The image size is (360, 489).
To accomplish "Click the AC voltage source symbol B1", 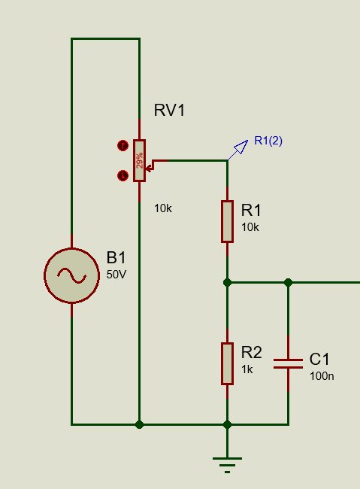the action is click(71, 275).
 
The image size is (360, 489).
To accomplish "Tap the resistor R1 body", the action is click(227, 221).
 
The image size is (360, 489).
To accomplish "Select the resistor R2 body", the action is click(227, 363).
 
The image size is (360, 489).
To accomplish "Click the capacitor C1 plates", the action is click(288, 363).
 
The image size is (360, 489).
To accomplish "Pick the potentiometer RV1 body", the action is click(139, 160).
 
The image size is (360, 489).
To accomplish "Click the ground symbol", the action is click(227, 465).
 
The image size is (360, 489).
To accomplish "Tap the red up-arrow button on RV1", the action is click(123, 146).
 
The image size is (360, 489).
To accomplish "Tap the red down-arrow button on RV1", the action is click(123, 175).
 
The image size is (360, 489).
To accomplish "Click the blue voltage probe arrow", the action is click(238, 150).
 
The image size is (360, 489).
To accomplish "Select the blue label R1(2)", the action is click(268, 141).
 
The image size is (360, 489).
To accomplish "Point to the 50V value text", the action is click(116, 275).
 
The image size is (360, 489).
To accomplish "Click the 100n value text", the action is click(322, 376).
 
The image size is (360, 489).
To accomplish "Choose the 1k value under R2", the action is click(247, 369).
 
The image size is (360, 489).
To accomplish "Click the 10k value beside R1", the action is click(250, 227).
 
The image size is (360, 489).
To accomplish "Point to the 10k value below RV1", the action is click(162, 208).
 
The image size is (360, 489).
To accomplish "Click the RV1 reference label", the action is click(169, 111).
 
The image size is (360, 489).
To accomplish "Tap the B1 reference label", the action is click(116, 258).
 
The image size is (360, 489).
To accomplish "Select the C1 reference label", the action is click(319, 360).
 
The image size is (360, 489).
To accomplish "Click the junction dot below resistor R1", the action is click(227, 283).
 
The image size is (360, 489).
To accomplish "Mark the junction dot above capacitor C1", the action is click(288, 283).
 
